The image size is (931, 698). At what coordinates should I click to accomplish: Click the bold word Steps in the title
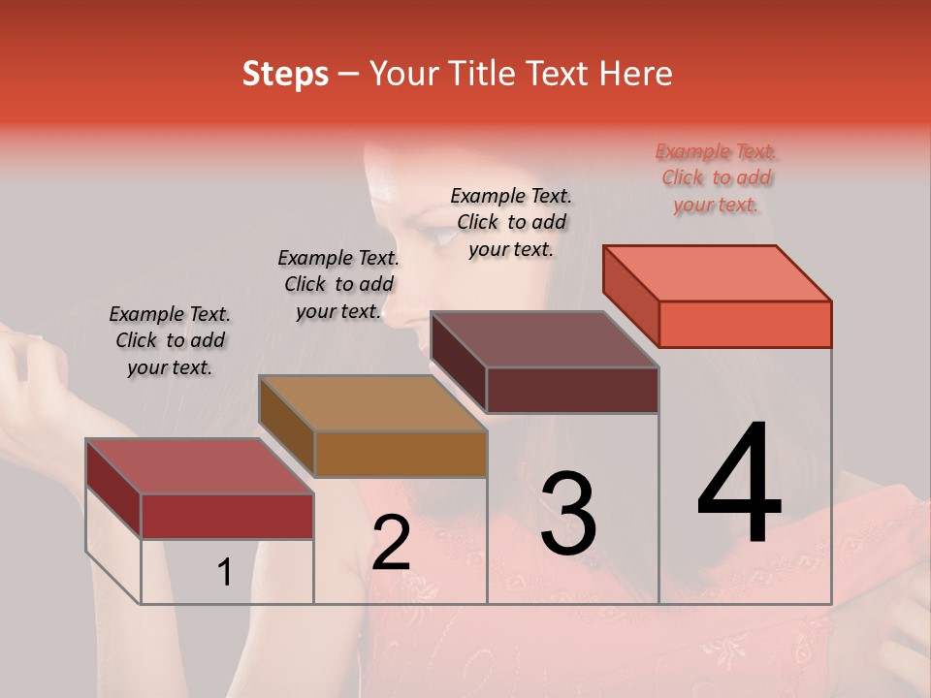[x=285, y=75]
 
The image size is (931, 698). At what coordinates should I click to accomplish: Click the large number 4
[x=739, y=486]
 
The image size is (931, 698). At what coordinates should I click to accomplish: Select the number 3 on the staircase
[x=568, y=514]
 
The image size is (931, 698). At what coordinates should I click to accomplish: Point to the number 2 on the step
[x=391, y=544]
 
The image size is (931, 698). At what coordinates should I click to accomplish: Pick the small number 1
[x=224, y=573]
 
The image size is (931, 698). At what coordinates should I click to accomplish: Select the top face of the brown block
[x=373, y=403]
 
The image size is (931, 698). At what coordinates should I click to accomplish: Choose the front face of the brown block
[x=401, y=454]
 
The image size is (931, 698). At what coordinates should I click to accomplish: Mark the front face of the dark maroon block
[x=572, y=390]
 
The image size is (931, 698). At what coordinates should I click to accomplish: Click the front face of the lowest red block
[x=227, y=516]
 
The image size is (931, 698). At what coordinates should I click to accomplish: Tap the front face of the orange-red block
[x=745, y=324]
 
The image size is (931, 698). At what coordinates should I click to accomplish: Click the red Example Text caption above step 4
[x=717, y=178]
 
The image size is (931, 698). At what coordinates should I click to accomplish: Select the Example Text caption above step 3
[x=511, y=222]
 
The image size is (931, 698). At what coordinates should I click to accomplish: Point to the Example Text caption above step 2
[x=338, y=284]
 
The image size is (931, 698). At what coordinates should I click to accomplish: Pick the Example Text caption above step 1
[x=170, y=340]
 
